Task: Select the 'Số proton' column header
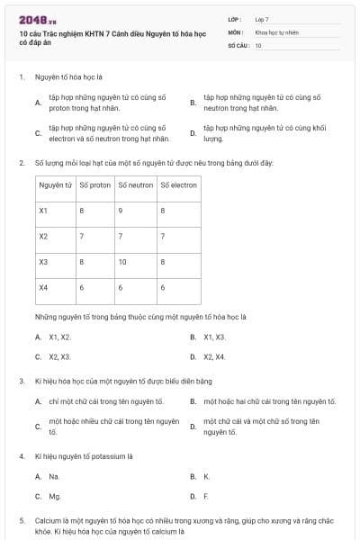coord(94,185)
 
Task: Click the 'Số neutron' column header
coord(135,185)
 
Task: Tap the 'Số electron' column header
coord(178,185)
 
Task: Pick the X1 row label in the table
coord(43,211)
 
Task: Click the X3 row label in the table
coord(43,262)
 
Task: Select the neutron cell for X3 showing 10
coord(122,262)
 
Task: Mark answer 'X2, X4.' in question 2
coord(214,356)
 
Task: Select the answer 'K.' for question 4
coord(206,476)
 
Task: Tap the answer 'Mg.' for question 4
coord(55,496)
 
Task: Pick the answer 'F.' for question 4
coord(206,496)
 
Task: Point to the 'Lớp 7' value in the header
coord(262,18)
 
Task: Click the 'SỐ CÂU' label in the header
coord(238,44)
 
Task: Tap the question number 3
coord(21,381)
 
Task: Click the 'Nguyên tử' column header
coord(55,185)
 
